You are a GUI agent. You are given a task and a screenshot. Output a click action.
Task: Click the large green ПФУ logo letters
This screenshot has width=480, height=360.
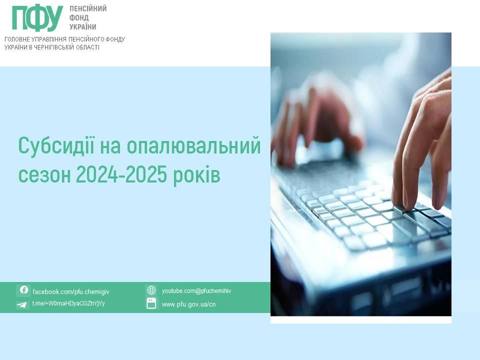point(37,18)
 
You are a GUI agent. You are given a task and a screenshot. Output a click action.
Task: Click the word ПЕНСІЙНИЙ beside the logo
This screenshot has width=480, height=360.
point(88,8)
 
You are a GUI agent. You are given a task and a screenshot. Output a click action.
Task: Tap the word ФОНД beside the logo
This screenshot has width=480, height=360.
point(79,18)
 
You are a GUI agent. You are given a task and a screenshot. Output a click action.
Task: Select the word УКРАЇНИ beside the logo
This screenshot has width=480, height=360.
point(82,26)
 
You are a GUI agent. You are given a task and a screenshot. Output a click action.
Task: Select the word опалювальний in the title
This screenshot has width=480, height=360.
point(193,147)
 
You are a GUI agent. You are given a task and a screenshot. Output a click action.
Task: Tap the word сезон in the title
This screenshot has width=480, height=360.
point(44,175)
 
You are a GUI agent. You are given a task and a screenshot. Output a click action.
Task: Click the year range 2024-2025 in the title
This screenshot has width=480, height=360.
point(121,174)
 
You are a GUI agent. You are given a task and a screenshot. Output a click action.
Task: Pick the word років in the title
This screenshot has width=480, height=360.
point(196,175)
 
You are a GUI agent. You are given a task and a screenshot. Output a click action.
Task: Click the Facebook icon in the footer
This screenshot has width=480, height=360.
point(23,290)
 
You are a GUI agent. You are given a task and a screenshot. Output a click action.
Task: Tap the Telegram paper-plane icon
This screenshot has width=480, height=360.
point(21,304)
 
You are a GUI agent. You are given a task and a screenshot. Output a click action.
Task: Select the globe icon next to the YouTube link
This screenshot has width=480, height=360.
point(151,290)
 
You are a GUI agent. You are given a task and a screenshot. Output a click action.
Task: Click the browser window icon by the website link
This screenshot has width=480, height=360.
point(151,303)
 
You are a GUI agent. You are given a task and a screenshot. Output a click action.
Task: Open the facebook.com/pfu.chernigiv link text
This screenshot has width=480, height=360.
point(70,291)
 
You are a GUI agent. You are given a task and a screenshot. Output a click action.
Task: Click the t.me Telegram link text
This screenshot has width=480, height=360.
point(68,303)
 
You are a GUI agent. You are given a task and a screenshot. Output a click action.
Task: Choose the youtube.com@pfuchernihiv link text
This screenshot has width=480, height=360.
point(196,291)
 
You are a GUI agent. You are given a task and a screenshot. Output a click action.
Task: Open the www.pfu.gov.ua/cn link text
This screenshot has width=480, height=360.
point(188,304)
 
